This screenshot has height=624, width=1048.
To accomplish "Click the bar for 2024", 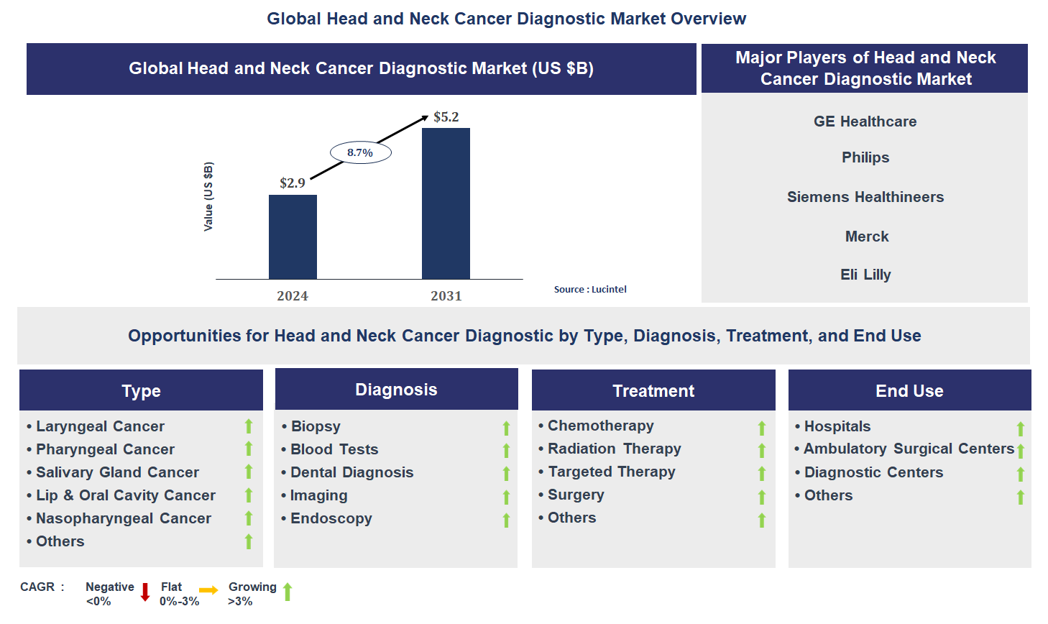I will point(293,237).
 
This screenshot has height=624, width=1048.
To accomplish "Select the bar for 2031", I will point(446,203).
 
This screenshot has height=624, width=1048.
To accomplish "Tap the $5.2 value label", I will point(446,117).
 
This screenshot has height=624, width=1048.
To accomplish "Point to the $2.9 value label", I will point(293,183).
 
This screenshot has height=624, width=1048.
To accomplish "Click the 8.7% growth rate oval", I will point(360,152).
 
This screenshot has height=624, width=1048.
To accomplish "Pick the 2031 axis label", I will point(446,296).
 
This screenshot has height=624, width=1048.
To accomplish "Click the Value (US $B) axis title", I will point(208,196).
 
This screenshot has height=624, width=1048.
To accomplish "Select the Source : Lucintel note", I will point(590,290).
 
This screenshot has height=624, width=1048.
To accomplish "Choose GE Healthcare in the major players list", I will point(865,121).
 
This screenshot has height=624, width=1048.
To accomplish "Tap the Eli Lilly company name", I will point(865,275).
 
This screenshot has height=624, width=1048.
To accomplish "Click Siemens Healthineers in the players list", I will point(865,197).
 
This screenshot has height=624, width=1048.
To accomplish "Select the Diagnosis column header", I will point(396,390).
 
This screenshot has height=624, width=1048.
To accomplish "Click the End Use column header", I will point(909,391).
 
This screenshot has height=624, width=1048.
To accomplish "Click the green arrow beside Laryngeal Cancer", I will point(249,426).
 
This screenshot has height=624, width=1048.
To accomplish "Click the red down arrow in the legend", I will point(145,592).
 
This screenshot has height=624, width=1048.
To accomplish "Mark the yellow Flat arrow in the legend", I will point(208,590).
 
